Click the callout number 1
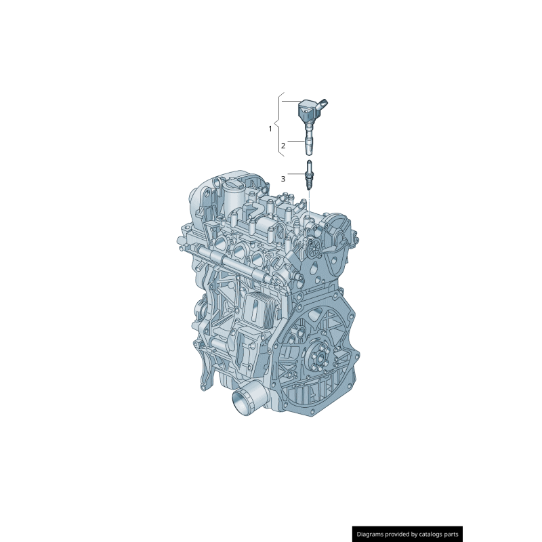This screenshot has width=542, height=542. coord(270,128)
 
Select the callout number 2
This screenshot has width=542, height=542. coord(283,144)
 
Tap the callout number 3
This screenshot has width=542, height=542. coord(283,179)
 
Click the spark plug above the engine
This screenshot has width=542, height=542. coord(309,175)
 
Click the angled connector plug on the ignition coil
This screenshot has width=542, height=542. coord(325,104)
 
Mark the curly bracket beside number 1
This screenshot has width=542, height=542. coord(278,128)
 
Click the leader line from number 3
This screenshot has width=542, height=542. coord(297,175)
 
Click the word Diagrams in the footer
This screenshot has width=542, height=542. coord(375,534)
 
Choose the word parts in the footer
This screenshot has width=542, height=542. coord(451,534)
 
